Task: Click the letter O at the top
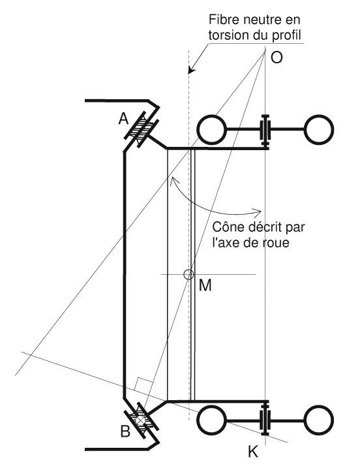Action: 277,57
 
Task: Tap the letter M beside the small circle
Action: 205,285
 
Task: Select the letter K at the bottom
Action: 253,452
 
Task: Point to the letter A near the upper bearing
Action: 123,119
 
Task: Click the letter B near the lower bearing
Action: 125,432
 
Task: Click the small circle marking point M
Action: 188,274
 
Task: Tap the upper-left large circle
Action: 211,129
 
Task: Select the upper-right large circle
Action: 319,129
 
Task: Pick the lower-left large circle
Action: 212,420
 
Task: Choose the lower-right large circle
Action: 319,420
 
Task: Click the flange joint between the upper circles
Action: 265,131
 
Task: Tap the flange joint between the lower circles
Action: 265,418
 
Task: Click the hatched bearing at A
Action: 142,129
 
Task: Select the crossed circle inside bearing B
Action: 139,420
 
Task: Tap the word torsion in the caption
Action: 230,35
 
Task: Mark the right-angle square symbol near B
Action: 144,384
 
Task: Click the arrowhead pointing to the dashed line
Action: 191,70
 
